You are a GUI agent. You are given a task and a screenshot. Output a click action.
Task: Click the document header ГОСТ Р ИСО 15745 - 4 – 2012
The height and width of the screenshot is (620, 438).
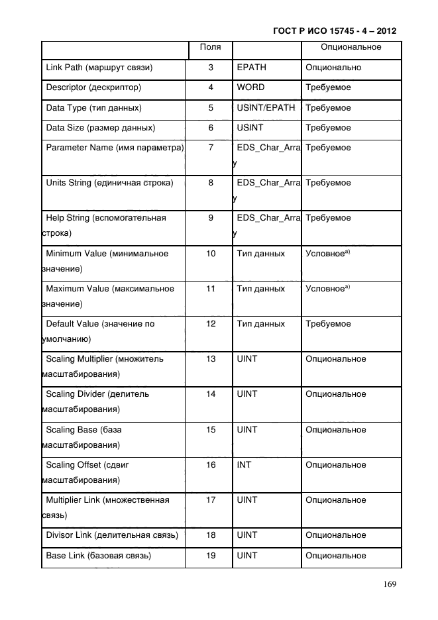pos(338,31)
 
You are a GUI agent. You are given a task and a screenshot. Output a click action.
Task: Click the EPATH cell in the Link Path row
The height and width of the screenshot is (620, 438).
pos(251,68)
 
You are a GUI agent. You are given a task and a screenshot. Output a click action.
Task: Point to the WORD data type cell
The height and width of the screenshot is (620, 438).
pos(250,87)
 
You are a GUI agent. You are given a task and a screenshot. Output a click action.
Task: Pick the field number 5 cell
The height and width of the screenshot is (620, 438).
pos(211,107)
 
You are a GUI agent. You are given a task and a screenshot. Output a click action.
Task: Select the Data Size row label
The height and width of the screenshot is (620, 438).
pos(101,127)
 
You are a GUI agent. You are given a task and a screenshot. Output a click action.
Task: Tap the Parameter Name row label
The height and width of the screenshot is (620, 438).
pos(115,148)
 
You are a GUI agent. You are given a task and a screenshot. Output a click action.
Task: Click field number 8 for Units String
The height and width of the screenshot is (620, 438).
pos(211,183)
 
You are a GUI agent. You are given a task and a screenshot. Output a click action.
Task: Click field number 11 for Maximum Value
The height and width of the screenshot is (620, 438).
pos(211,289)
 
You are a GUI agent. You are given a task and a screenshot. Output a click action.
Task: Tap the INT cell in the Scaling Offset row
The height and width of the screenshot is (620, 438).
pos(244,465)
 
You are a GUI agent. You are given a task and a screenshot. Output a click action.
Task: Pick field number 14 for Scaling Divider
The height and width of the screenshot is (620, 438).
pos(211,394)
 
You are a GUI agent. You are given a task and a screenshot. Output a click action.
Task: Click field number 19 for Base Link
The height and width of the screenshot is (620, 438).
pos(211,556)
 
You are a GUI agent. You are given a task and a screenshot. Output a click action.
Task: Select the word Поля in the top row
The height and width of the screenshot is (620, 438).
pos(211,48)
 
